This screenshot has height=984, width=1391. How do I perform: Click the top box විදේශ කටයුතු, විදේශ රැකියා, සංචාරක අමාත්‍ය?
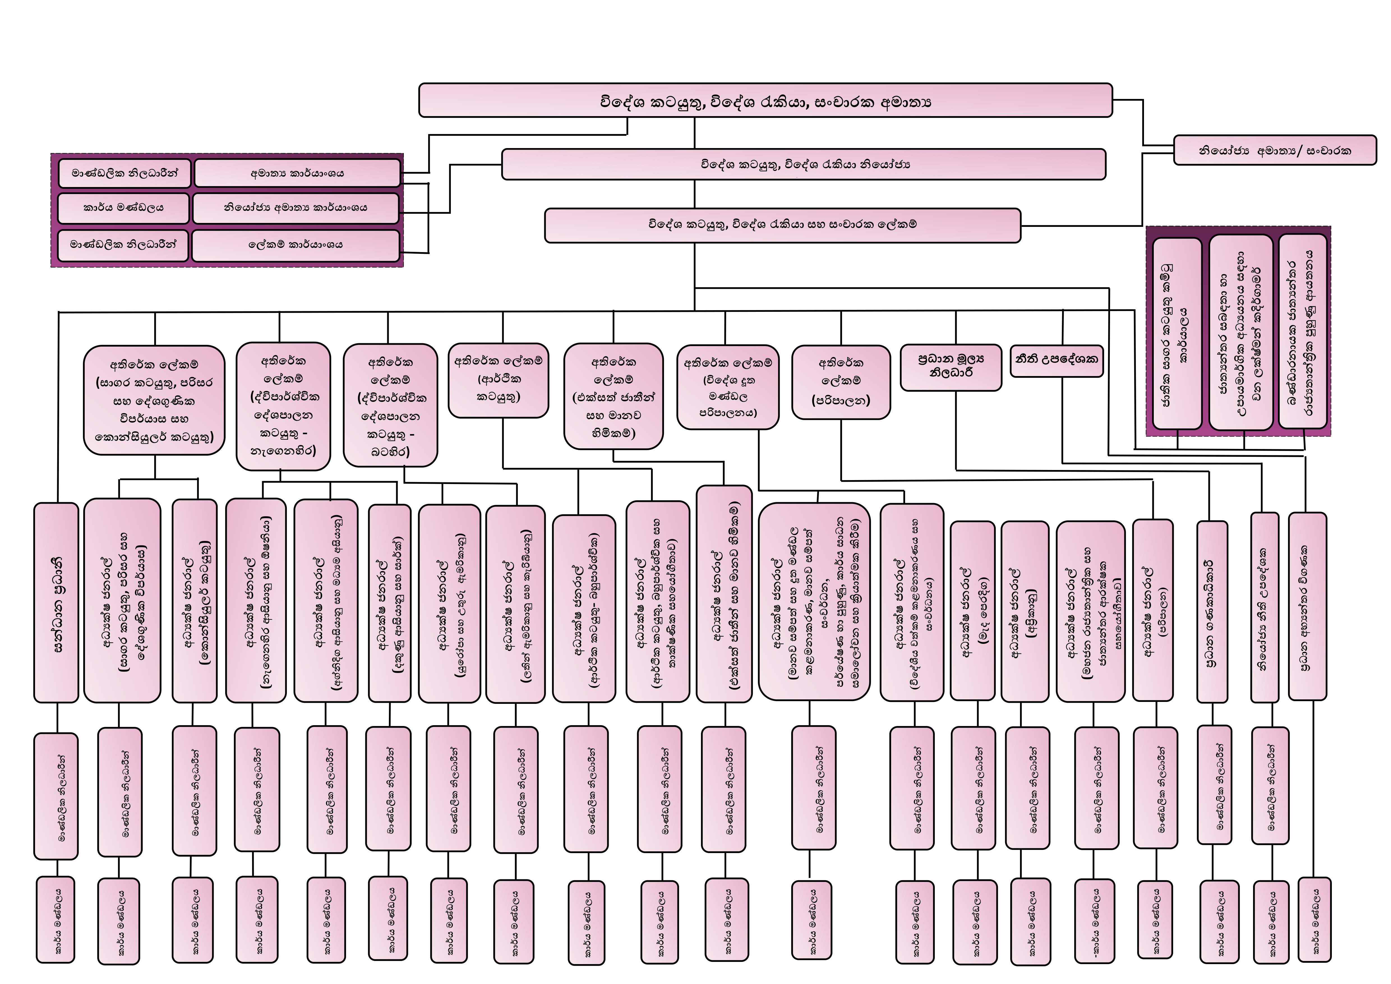coord(765,101)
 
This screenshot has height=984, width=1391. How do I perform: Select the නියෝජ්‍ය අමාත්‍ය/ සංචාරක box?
coord(1275,150)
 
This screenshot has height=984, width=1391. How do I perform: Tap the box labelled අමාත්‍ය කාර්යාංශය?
coord(297,173)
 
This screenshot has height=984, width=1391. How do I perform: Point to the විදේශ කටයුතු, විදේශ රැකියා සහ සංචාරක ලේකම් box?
coord(782,225)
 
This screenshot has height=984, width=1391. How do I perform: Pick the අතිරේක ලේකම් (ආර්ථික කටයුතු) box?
coord(498,380)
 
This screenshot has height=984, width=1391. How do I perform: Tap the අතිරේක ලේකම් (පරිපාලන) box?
coord(840,382)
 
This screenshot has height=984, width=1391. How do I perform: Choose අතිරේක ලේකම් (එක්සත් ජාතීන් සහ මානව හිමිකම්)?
coord(613,397)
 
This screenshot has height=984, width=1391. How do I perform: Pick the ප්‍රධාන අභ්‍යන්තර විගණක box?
coord(1307,606)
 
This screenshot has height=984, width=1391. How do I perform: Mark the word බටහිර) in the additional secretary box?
coord(390,452)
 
